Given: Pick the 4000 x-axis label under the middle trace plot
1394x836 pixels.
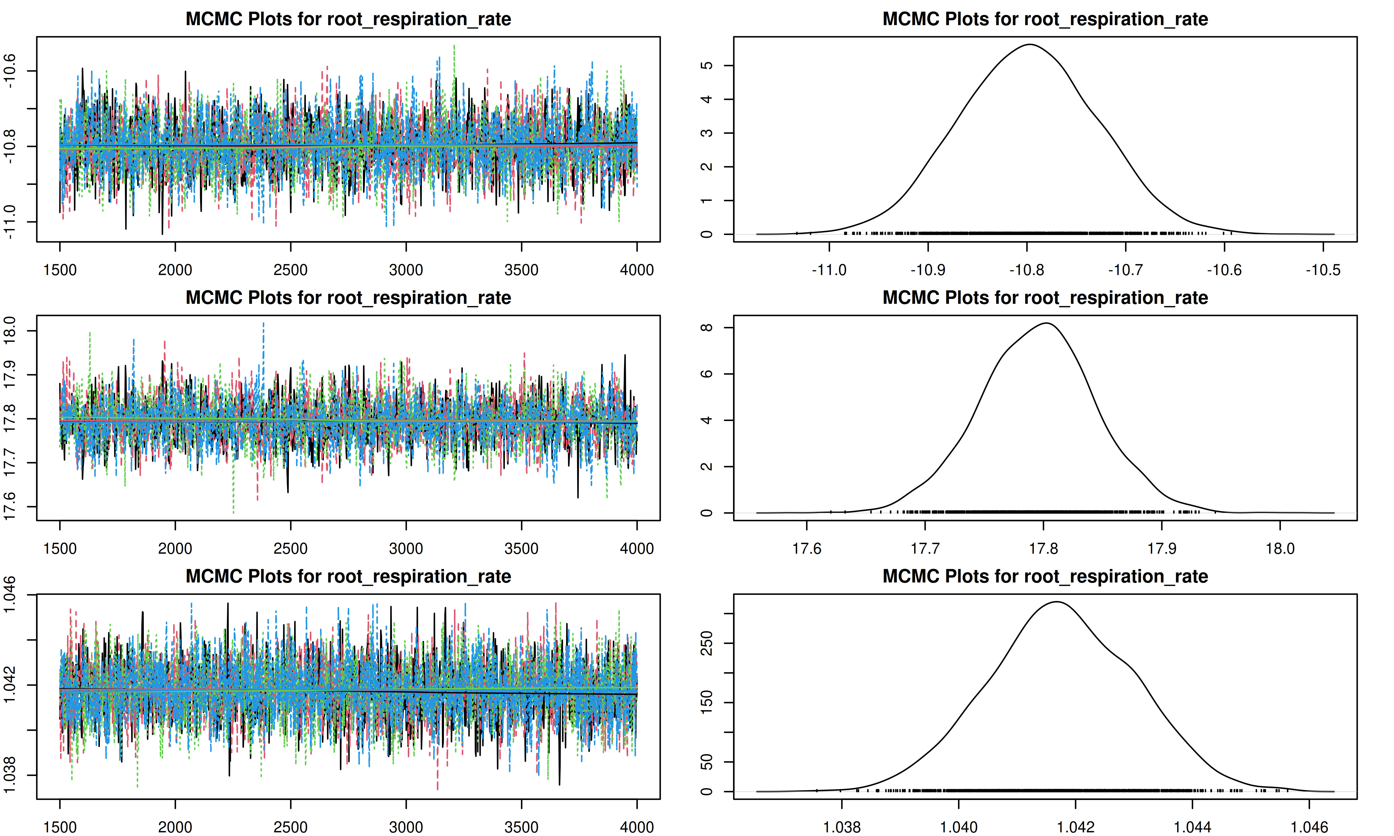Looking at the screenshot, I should click(x=637, y=548).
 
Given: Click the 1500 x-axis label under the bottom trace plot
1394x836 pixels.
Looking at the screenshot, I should click(x=60, y=827).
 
